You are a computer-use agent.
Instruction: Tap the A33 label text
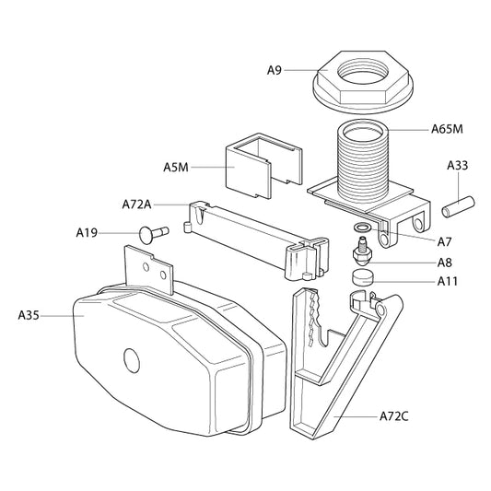click(457, 166)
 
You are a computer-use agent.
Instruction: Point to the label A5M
click(176, 168)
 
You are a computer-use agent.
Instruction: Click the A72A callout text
click(137, 203)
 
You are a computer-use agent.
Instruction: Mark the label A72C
click(395, 416)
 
